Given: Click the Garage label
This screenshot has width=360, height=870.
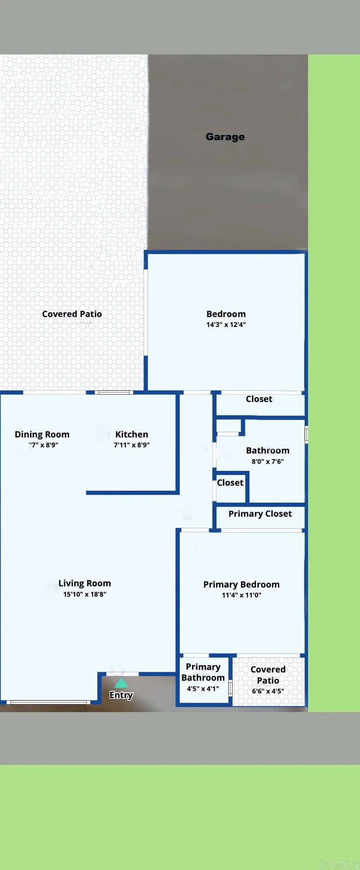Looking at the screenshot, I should pos(225,136).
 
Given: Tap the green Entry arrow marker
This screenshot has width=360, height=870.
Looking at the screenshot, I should pos(121,683).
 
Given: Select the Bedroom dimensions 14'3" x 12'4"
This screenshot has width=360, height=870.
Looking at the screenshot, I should pos(226,325).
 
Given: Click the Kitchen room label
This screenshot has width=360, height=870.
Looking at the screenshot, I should pos(132,434).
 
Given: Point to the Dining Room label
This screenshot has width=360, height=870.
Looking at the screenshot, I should pos(42,434).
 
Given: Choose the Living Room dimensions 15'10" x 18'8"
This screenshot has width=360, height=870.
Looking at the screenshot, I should pos(85,594).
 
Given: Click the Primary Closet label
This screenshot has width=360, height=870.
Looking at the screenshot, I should pos(260,514).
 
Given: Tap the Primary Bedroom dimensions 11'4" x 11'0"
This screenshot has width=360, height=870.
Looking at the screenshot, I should pos(241,595).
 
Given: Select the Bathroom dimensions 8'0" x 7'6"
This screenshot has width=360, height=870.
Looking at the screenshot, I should pos(268,461).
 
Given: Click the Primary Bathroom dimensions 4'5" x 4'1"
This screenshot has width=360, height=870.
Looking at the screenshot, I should pos(203,689).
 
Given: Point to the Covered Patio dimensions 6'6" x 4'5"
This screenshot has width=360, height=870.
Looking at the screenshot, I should pos(268,691).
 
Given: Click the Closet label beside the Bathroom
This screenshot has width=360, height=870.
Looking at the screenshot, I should pos(230,482).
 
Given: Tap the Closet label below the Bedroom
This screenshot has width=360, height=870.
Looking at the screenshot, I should pos(259,399).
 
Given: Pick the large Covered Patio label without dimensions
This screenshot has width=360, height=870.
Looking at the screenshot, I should pos(72,314).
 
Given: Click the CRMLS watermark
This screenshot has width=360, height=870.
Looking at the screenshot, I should pos(339,864).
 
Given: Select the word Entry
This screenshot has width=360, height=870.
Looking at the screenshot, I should pos(121,695).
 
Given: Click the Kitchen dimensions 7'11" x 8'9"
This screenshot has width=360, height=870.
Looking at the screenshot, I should pos(132,445).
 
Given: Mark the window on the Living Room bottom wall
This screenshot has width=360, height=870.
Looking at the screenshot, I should pos(49,702).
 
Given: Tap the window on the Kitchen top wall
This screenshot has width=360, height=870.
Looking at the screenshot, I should pos(114,392).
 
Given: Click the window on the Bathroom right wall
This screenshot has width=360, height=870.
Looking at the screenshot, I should pos(306,435).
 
